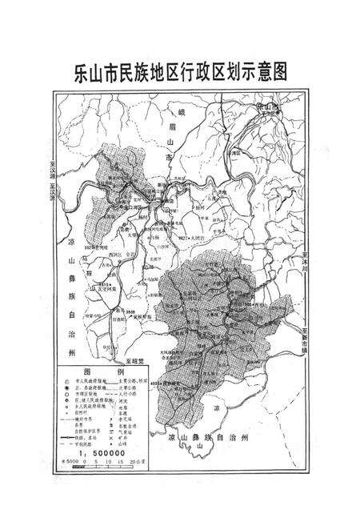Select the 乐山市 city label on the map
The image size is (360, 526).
263,105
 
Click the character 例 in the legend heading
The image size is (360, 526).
120,372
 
